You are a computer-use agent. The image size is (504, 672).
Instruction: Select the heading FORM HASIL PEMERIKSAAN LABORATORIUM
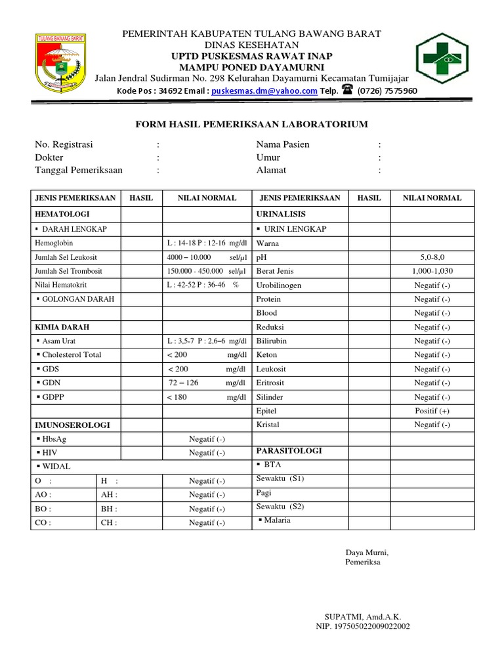(251, 124)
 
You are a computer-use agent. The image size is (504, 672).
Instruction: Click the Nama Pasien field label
(283, 144)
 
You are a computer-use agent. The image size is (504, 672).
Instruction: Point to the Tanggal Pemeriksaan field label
(79, 170)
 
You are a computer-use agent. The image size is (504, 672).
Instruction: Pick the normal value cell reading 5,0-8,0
(432, 257)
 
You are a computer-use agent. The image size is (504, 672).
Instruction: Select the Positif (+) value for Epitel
(432, 411)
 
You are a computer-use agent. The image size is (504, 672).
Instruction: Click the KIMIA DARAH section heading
(62, 327)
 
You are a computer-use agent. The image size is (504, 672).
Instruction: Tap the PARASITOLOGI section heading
(289, 451)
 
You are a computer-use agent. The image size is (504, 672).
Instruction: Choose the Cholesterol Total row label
(72, 355)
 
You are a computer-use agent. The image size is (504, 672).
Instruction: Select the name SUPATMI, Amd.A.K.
(363, 617)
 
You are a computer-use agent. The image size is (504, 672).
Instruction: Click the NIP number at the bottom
(363, 627)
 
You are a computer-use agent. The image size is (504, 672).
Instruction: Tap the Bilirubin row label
(272, 341)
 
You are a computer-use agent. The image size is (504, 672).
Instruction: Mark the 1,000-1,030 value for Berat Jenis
(432, 271)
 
